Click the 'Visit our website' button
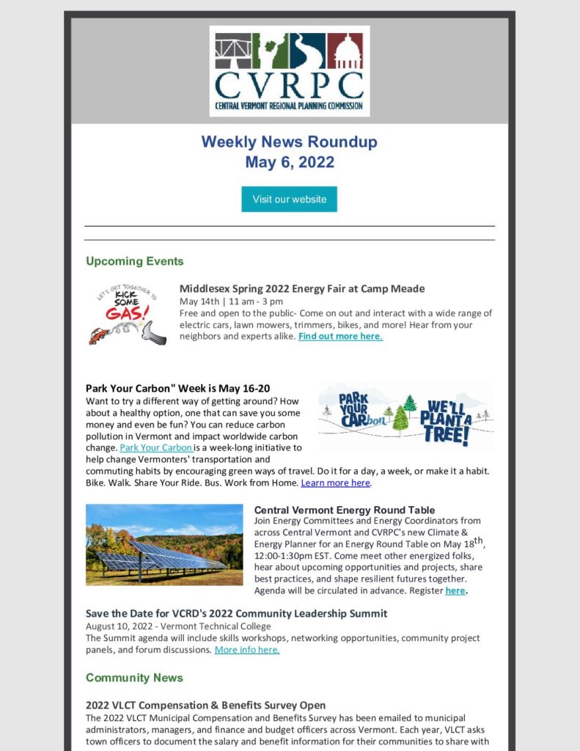pyautogui.click(x=289, y=199)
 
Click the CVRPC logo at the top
pyautogui.click(x=289, y=71)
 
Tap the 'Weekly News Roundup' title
pyautogui.click(x=289, y=142)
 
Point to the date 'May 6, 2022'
pyautogui.click(x=289, y=162)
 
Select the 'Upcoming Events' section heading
pyautogui.click(x=134, y=261)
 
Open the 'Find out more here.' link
pyautogui.click(x=340, y=336)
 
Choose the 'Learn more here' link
pyautogui.click(x=335, y=483)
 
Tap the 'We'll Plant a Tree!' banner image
pyautogui.click(x=405, y=417)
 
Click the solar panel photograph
pyautogui.click(x=164, y=545)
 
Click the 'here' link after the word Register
pyautogui.click(x=455, y=590)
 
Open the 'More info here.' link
pyautogui.click(x=246, y=650)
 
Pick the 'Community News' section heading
pyautogui.click(x=134, y=678)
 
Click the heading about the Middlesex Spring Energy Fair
pyautogui.click(x=302, y=288)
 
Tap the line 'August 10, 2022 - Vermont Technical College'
pyautogui.click(x=178, y=626)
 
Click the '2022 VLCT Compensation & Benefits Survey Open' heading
pyautogui.click(x=205, y=706)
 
